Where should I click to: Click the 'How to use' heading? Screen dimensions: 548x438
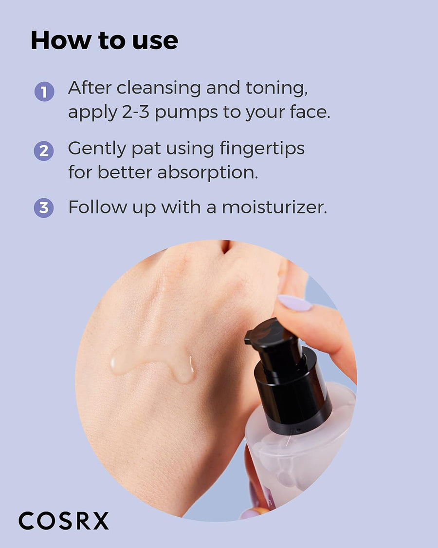pos(104,40)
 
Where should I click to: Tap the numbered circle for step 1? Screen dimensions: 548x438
pos(44,92)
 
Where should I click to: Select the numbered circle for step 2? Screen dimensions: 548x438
pos(44,151)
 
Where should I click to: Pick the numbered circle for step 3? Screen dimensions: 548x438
pos(44,208)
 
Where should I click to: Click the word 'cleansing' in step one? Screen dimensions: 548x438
pos(159,89)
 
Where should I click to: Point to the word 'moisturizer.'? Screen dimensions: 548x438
pos(274,207)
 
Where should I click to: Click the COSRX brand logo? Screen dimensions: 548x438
pos(64,521)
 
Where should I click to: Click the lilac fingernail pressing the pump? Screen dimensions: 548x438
pos(293,303)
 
